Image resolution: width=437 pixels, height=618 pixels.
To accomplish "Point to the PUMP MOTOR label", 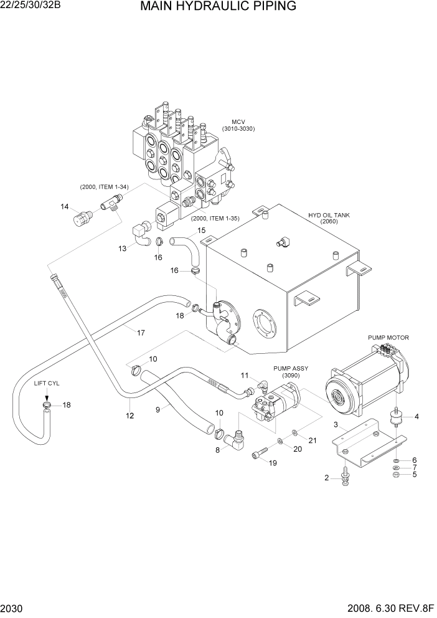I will point(388,338).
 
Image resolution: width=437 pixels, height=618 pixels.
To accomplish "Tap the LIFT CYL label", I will point(47,383).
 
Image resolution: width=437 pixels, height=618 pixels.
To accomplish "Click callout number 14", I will point(64,206).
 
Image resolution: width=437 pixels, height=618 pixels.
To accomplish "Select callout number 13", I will point(123,248).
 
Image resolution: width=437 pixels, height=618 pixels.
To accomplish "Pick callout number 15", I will point(201,231).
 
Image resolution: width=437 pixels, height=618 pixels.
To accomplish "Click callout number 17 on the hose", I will point(141,333).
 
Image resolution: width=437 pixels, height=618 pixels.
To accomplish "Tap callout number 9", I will point(157,409).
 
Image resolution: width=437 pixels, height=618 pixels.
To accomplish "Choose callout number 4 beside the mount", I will point(416,416).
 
